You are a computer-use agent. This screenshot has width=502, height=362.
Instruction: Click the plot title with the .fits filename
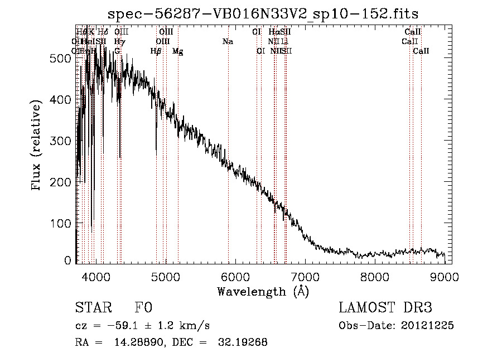pos(263,13)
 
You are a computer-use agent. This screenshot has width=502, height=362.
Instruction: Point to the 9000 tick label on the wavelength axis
pos(445,276)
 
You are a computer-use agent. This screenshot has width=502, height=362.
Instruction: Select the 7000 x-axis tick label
pos(305,276)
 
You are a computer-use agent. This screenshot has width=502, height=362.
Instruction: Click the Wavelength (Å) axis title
pos(263,291)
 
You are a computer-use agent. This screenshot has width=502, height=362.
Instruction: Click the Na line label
pos(228,41)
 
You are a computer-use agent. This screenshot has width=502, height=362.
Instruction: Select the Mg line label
pos(177,51)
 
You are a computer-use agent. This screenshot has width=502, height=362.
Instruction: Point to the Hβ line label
pos(156,51)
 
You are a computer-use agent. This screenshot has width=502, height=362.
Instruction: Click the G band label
pos(117,51)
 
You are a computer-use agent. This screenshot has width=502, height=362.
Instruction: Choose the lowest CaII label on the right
pos(421,51)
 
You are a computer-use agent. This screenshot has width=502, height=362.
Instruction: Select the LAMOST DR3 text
pos(385,308)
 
